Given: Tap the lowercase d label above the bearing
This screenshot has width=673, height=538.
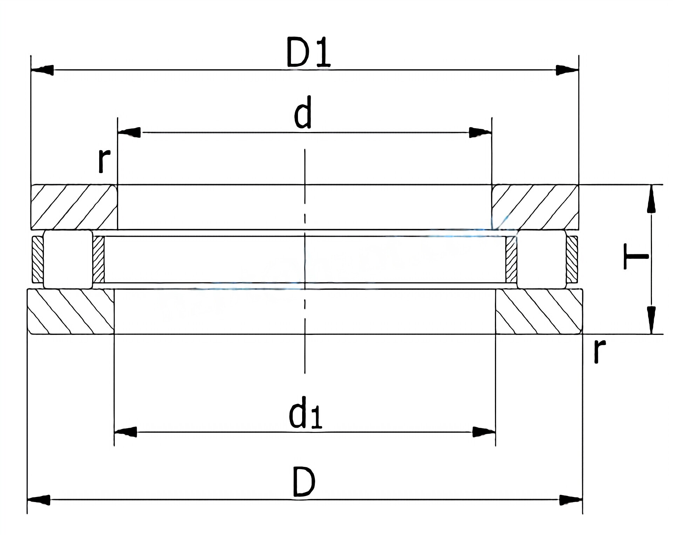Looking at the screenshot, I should point(303,112).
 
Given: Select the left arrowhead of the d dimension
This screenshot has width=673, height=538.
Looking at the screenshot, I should point(130,132).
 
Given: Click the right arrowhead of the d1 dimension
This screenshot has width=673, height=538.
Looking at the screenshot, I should point(484,432).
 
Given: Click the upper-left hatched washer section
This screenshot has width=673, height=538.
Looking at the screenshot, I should point(74,207).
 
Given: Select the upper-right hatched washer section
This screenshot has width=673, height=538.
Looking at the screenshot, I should point(535,207).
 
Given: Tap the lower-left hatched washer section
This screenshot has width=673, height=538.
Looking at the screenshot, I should point(70,311).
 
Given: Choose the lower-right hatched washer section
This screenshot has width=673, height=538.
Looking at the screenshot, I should point(539,311).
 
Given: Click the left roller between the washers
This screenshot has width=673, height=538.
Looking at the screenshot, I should point(68,259).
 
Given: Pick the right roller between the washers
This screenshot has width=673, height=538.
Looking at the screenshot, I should point(542,259).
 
